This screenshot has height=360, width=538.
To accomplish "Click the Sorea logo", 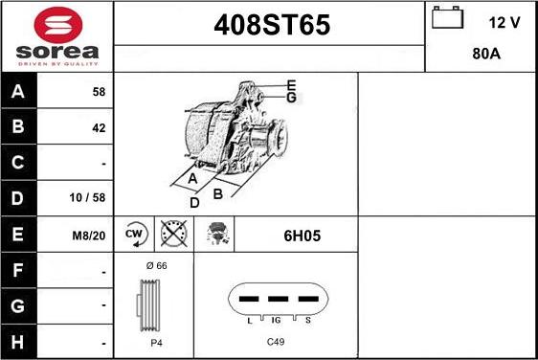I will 56,35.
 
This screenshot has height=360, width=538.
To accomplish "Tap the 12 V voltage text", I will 504,22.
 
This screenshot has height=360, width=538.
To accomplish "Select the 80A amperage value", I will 487,55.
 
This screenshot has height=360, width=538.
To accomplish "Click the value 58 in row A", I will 99,93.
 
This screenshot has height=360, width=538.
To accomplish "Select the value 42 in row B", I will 99,127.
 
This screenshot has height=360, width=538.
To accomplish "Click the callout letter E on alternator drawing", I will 291,85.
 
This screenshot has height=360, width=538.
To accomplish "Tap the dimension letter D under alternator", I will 194,202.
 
